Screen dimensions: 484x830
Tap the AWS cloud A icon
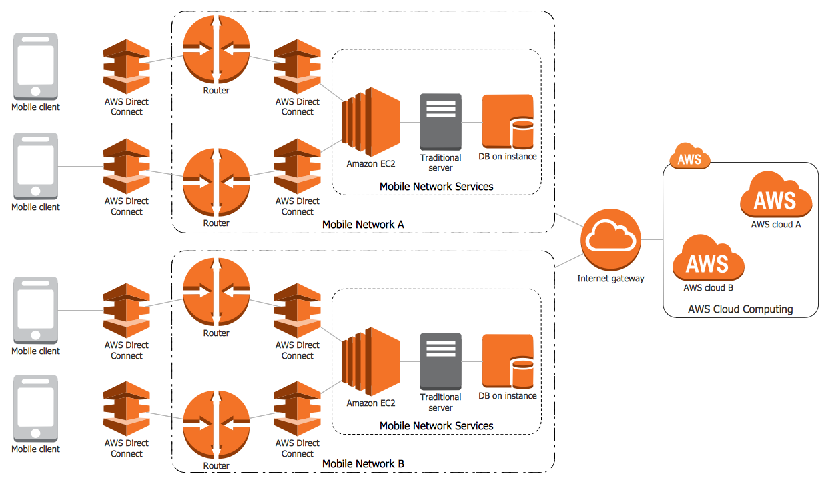(x=776, y=195)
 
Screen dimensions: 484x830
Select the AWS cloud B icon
(x=708, y=258)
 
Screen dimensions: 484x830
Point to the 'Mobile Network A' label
(x=363, y=225)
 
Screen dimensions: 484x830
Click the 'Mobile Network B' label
(x=363, y=464)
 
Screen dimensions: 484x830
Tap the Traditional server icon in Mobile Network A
(x=440, y=122)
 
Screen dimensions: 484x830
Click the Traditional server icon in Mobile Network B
(x=440, y=362)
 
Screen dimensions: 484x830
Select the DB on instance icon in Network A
(x=508, y=121)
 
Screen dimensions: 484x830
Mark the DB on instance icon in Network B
(x=508, y=361)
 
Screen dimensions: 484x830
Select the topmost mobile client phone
(x=36, y=67)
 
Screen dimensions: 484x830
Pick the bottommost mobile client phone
(x=36, y=409)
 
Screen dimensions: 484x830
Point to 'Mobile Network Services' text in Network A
(x=436, y=187)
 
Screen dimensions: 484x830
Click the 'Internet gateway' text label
(x=610, y=279)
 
